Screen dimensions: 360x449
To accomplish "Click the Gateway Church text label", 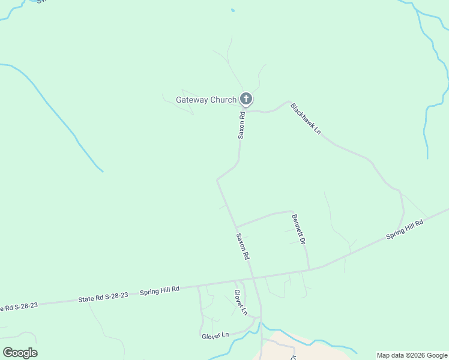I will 206,100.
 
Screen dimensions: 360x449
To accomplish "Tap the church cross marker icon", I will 246,99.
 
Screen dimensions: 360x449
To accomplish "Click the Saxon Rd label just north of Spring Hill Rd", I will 243,246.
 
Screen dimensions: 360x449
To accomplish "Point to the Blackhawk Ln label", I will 306,118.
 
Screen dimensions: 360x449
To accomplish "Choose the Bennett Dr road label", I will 298,229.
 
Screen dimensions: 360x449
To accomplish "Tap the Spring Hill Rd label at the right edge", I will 405,230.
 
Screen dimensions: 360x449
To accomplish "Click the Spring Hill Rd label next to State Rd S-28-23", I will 160,290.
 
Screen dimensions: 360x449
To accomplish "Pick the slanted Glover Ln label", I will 240,302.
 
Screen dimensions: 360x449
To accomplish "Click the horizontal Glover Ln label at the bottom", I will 215,334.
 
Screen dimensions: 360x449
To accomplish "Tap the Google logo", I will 20,353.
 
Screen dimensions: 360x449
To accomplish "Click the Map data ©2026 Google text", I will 412,355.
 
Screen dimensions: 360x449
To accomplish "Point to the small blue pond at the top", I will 232,10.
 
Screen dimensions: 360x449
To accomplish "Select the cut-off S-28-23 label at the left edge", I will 19,307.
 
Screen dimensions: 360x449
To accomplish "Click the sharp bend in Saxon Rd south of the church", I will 217,179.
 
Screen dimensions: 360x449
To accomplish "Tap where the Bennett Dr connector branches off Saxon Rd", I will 236,227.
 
